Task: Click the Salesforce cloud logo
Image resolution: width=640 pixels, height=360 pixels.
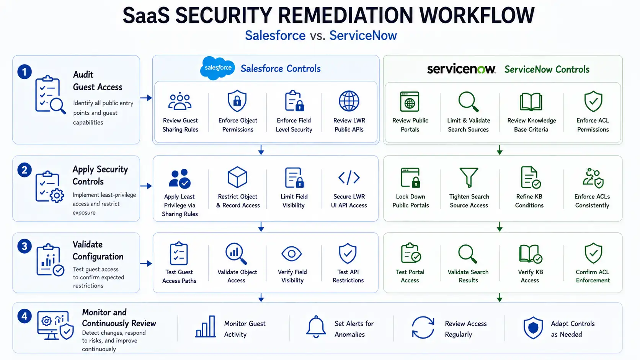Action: coord(217,68)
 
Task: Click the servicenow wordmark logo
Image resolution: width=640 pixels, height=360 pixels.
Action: coord(461,69)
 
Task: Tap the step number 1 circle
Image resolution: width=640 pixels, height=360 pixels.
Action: coord(24,72)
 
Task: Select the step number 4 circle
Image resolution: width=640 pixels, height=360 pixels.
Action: coord(24,316)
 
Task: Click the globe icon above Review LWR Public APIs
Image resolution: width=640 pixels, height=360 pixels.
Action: coord(349,101)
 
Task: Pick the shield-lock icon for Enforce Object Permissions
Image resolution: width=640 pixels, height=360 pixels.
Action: coord(237,101)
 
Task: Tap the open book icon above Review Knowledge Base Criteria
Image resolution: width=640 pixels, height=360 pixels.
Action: coord(531,102)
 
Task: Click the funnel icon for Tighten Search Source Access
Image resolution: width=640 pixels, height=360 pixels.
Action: coord(469,177)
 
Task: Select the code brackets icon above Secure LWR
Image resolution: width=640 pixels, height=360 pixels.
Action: coord(349,177)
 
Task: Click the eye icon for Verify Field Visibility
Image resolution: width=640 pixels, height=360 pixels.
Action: coord(291,254)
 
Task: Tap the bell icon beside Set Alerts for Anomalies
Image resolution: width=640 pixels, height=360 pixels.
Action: coord(316,327)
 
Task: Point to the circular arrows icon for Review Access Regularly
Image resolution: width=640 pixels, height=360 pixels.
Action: coord(423,327)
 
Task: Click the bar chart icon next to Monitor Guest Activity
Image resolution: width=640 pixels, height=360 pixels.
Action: coord(206,326)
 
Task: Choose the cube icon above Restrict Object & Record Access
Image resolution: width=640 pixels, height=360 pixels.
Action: coord(237,177)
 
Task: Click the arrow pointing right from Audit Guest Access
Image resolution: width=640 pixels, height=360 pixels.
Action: coord(146,98)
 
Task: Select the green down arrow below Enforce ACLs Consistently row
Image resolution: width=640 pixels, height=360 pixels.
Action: coord(500,227)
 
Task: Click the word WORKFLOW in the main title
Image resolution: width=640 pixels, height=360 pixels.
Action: coord(477,15)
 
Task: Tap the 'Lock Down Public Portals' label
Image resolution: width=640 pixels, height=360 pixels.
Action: coord(411,201)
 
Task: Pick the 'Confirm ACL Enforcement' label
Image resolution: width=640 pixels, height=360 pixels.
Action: coord(593,276)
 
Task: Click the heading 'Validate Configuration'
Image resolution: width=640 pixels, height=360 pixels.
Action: coord(98,250)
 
